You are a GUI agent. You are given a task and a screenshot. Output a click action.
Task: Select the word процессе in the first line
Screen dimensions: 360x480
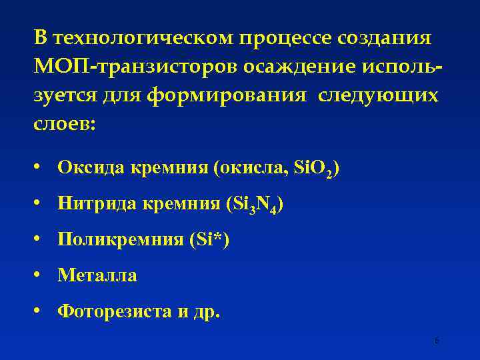click(x=291, y=38)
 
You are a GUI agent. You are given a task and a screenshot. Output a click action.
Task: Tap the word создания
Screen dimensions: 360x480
click(x=393, y=38)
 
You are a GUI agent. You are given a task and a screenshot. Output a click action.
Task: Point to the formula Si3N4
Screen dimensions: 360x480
click(x=255, y=204)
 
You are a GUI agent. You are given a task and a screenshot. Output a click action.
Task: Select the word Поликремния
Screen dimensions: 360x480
click(x=117, y=239)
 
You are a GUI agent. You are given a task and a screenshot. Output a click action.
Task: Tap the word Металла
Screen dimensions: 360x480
click(x=97, y=275)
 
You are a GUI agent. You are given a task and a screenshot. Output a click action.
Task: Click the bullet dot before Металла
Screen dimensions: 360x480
click(x=41, y=275)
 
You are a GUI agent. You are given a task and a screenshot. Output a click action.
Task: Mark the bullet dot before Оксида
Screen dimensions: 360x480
click(x=41, y=168)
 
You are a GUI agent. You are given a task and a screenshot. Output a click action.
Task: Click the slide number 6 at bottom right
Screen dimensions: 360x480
click(x=437, y=341)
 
